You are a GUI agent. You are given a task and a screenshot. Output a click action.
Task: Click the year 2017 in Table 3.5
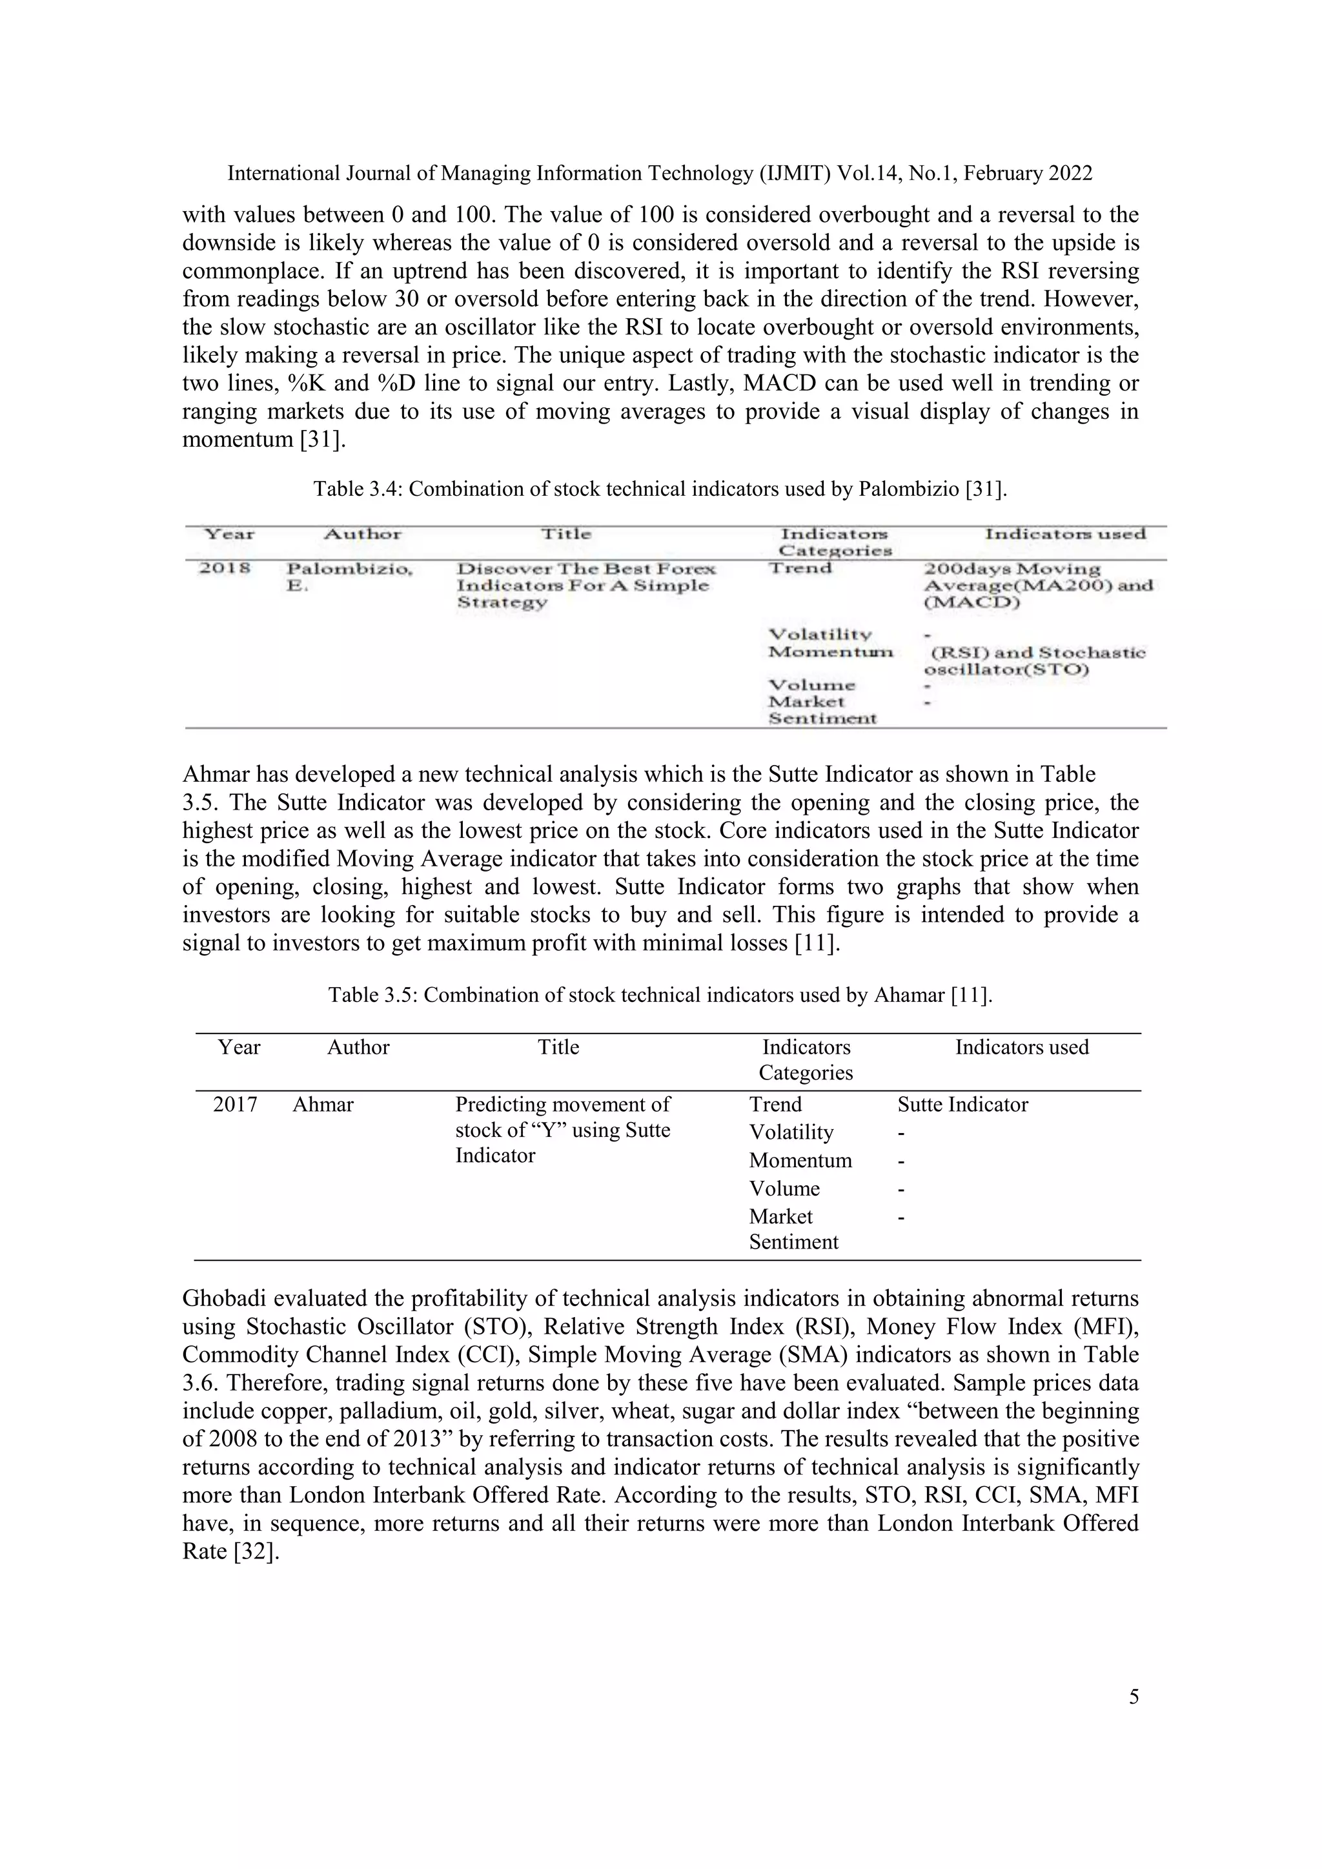pyautogui.click(x=235, y=1105)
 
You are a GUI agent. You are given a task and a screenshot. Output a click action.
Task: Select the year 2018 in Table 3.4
pyautogui.click(x=225, y=568)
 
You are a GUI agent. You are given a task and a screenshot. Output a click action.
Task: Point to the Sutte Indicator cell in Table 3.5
pyautogui.click(x=962, y=1105)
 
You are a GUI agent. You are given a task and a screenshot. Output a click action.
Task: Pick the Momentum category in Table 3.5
pyautogui.click(x=800, y=1160)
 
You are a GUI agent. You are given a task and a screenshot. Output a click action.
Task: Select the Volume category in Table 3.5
pyautogui.click(x=784, y=1189)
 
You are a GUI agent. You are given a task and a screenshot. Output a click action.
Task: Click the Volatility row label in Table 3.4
pyautogui.click(x=819, y=634)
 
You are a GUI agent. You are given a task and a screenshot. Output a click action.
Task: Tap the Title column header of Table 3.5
pyautogui.click(x=558, y=1047)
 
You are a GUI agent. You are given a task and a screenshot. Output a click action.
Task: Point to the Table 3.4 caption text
pyautogui.click(x=660, y=489)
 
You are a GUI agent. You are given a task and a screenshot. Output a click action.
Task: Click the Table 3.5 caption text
pyautogui.click(x=660, y=995)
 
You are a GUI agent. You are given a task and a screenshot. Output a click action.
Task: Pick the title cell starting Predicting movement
pyautogui.click(x=562, y=1129)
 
